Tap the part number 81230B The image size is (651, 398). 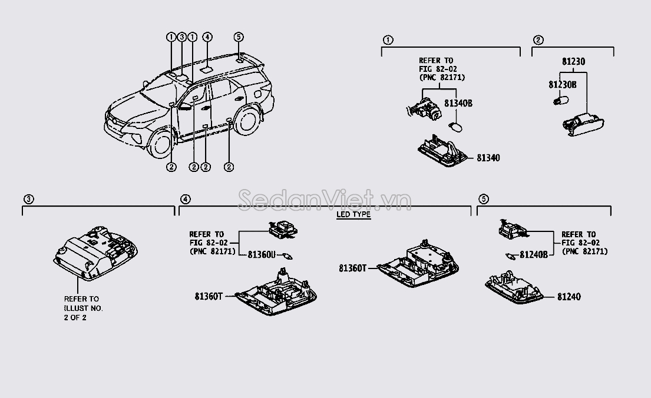point(563,85)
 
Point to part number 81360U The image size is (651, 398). point(262,254)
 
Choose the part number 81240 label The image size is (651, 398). point(569,297)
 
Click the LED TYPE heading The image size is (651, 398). point(353,214)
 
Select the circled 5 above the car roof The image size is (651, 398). point(239,37)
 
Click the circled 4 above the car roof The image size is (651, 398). point(207,37)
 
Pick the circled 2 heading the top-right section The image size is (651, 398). point(538,40)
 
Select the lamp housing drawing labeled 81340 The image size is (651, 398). point(442,150)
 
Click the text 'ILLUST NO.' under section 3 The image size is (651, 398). point(82,308)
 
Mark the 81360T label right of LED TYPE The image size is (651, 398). point(353,268)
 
